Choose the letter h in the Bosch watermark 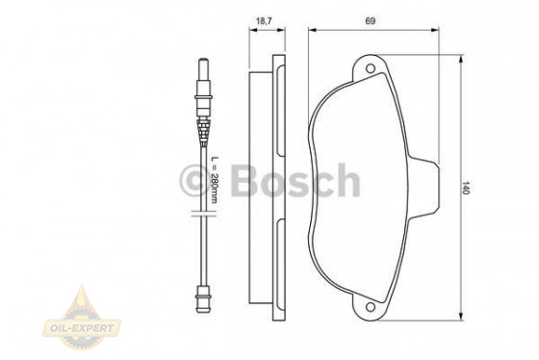pos(346,179)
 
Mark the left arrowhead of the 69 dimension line pos(312,30)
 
